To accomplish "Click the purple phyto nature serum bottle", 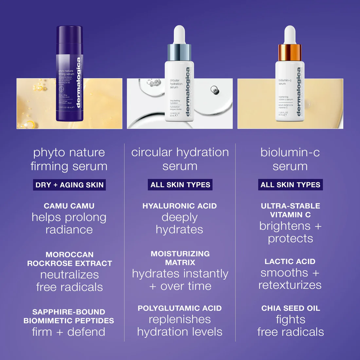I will point(69,74).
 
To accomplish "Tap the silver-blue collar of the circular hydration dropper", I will point(179,52).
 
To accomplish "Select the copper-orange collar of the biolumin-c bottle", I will point(290,52).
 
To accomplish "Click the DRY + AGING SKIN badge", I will point(69,185).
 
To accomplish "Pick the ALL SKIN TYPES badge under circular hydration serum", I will point(180,185).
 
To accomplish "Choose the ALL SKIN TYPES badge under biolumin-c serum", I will point(290,185).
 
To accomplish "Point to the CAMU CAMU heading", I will point(69,206).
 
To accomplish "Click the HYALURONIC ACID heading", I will point(180,206).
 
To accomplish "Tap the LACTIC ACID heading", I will point(290,261).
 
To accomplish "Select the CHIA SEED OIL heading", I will point(291,308).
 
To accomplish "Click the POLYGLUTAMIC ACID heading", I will point(180,308).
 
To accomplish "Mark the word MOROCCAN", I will point(69,255).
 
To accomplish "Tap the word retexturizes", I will point(290,285).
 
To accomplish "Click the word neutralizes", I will point(69,275).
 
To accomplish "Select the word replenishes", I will point(180,319).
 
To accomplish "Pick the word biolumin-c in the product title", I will point(290,152).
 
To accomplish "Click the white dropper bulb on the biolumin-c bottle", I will point(290,34).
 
